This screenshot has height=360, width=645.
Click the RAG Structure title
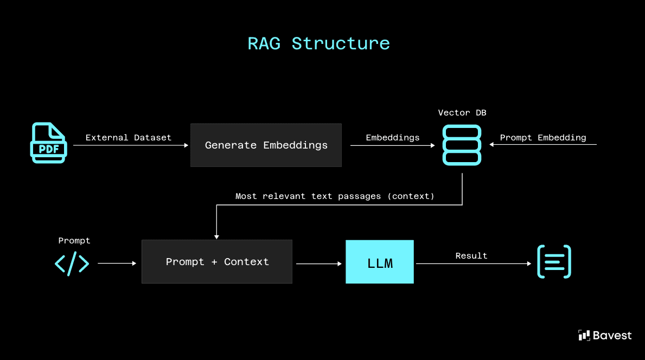tap(318, 43)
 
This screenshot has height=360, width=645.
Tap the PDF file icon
tap(48, 143)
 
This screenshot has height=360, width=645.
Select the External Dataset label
tap(128, 138)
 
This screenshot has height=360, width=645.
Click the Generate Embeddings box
tap(266, 145)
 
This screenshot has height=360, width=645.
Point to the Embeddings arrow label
tap(392, 138)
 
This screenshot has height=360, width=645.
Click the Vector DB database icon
tap(462, 145)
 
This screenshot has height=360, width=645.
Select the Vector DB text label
tap(462, 113)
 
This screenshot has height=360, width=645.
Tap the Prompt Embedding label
tap(542, 138)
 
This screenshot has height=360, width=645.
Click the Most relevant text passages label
tap(335, 196)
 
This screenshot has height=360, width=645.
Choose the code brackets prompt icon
tap(72, 263)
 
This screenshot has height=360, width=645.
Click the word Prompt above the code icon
tap(74, 240)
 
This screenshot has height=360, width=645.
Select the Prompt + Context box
tap(217, 261)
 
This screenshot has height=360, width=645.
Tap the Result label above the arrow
tap(471, 256)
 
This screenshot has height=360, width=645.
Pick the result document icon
tap(554, 262)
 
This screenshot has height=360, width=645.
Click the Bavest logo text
tap(612, 336)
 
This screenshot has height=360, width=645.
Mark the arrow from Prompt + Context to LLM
tap(319, 263)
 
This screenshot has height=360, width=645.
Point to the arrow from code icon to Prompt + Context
tap(117, 263)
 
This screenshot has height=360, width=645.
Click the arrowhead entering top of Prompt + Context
tap(216, 236)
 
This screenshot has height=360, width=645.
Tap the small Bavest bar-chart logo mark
tap(584, 336)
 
